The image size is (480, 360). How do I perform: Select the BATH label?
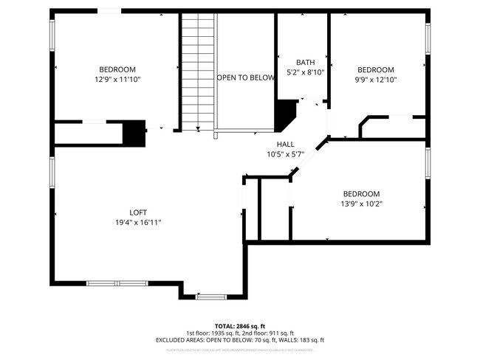[305, 62]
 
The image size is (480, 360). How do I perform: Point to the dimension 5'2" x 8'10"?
[305, 72]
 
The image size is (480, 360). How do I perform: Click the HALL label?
[285, 145]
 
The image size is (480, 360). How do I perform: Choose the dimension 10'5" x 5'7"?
[285, 154]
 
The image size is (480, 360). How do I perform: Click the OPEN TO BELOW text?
[245, 77]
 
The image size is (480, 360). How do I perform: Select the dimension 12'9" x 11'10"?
[117, 79]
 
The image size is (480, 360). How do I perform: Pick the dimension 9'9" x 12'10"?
[377, 80]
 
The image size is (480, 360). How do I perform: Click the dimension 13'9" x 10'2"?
[361, 204]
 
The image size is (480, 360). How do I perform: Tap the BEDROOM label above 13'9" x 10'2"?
[361, 194]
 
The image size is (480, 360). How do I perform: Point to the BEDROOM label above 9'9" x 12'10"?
[377, 70]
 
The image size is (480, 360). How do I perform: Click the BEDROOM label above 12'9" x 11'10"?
[117, 69]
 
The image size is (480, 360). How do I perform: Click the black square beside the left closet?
[134, 132]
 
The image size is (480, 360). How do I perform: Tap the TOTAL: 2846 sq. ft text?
[240, 325]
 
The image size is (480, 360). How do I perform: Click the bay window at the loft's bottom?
[211, 297]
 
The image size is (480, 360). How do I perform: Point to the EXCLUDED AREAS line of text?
[240, 340]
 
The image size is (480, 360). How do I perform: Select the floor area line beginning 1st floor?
[240, 333]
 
